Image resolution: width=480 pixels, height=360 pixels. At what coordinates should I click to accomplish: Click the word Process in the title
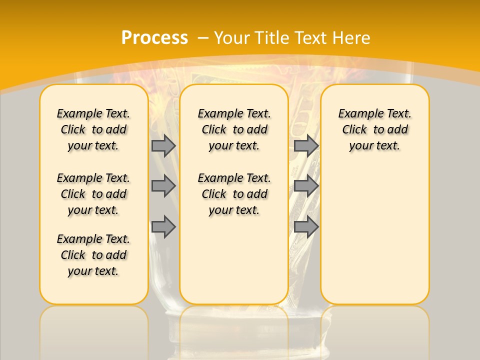pyautogui.click(x=154, y=37)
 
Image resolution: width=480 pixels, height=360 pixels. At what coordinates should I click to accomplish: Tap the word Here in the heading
pyautogui.click(x=352, y=37)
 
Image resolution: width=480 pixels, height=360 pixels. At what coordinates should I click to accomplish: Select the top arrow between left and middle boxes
pyautogui.click(x=163, y=145)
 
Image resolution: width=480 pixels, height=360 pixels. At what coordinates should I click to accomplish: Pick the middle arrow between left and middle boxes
pyautogui.click(x=163, y=186)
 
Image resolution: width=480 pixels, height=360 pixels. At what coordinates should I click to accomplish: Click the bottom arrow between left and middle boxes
pyautogui.click(x=163, y=227)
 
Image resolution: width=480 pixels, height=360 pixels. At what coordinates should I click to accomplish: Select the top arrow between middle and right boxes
pyautogui.click(x=306, y=145)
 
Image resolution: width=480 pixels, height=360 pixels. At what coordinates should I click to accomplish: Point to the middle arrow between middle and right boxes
pyautogui.click(x=306, y=186)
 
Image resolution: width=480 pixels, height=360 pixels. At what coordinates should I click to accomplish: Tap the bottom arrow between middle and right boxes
pyautogui.click(x=306, y=227)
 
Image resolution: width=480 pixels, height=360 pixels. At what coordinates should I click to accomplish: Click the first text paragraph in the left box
pyautogui.click(x=93, y=129)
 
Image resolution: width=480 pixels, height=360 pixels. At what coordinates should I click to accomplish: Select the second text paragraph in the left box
pyautogui.click(x=93, y=194)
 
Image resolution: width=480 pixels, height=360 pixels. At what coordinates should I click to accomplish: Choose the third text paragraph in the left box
pyautogui.click(x=93, y=255)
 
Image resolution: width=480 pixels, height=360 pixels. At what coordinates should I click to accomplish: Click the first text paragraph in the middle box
pyautogui.click(x=234, y=129)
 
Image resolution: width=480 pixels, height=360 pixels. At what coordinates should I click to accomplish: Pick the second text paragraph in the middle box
pyautogui.click(x=234, y=194)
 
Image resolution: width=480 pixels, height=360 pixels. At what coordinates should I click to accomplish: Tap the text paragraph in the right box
pyautogui.click(x=375, y=129)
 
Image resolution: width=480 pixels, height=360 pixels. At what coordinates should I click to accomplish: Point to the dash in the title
pyautogui.click(x=203, y=37)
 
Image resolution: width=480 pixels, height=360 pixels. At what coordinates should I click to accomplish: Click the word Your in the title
pyautogui.click(x=232, y=37)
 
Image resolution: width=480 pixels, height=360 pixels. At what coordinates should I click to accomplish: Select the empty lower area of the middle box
pyautogui.click(x=234, y=260)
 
